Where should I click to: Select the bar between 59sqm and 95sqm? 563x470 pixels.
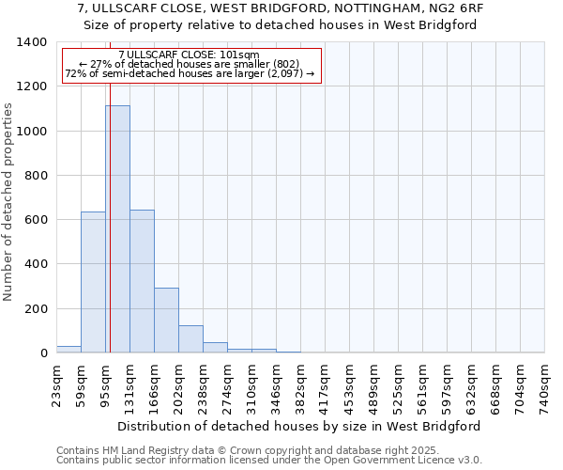coord(93,282)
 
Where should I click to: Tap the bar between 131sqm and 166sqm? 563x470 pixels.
coord(142,281)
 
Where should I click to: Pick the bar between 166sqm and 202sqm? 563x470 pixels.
coord(166,320)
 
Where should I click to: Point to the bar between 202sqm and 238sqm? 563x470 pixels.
coord(190,338)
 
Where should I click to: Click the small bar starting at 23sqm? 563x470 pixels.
coord(68,349)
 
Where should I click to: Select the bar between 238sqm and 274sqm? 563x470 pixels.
coord(215,347)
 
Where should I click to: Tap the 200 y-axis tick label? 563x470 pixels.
coord(35,309)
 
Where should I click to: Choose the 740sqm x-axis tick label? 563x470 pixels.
coord(545,384)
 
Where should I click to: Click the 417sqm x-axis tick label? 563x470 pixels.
coord(326,384)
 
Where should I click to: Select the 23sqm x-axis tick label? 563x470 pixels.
coord(57,384)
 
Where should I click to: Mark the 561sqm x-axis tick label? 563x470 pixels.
coord(423,384)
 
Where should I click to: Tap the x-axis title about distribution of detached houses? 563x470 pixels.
coord(300,426)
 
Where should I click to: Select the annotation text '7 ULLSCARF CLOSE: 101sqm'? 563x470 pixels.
coord(189,55)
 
